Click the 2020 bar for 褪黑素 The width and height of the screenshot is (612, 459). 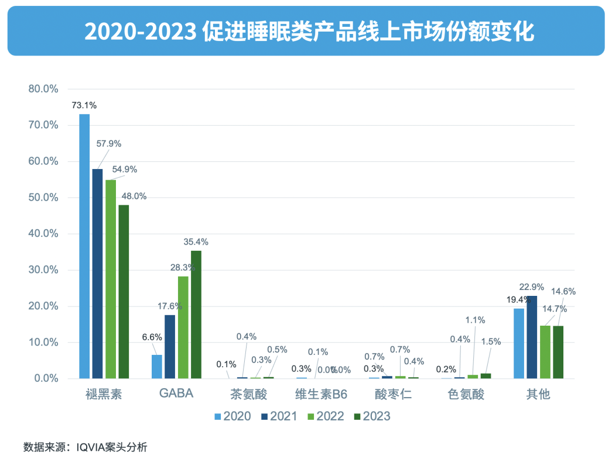(x=84, y=246)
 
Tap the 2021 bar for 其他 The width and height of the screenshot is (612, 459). (x=532, y=337)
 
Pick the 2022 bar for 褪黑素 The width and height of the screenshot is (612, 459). (x=111, y=279)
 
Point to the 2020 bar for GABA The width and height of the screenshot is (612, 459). (x=157, y=367)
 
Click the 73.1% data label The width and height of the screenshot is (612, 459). (x=84, y=105)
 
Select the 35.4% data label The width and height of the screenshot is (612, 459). (x=196, y=241)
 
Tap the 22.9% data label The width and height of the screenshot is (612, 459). (x=532, y=287)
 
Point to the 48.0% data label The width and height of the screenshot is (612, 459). (x=134, y=196)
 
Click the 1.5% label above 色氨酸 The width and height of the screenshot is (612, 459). (x=490, y=341)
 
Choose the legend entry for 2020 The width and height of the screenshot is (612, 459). (x=233, y=416)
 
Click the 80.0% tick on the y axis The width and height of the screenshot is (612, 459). (x=43, y=89)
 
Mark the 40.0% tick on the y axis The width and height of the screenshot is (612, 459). (x=43, y=234)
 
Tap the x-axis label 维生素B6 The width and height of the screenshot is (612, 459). (x=321, y=394)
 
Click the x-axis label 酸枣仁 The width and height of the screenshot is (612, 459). (x=394, y=394)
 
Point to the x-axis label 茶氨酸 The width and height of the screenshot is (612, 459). (x=249, y=394)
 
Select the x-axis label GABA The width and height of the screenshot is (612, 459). (x=176, y=394)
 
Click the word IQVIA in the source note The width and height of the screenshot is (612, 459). (x=94, y=447)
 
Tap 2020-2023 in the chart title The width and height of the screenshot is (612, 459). (x=139, y=32)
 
